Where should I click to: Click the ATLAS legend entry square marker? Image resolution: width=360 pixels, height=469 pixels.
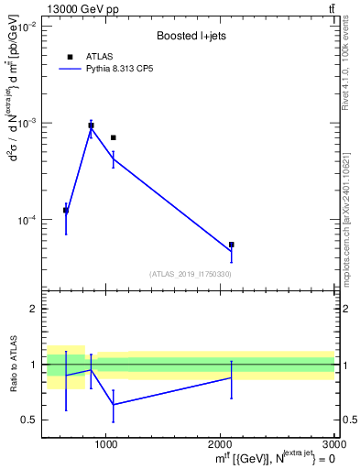click(70, 57)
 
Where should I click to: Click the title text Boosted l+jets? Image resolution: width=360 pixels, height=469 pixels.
click(191, 36)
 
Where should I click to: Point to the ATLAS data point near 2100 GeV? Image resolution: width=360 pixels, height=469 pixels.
click(232, 245)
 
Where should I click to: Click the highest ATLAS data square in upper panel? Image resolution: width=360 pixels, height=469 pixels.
click(91, 125)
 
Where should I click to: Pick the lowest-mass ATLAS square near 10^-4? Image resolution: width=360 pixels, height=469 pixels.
click(66, 210)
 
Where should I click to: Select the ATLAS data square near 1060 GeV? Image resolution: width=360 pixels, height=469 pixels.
click(113, 137)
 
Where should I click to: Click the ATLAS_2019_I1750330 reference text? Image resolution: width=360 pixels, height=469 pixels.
click(190, 274)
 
